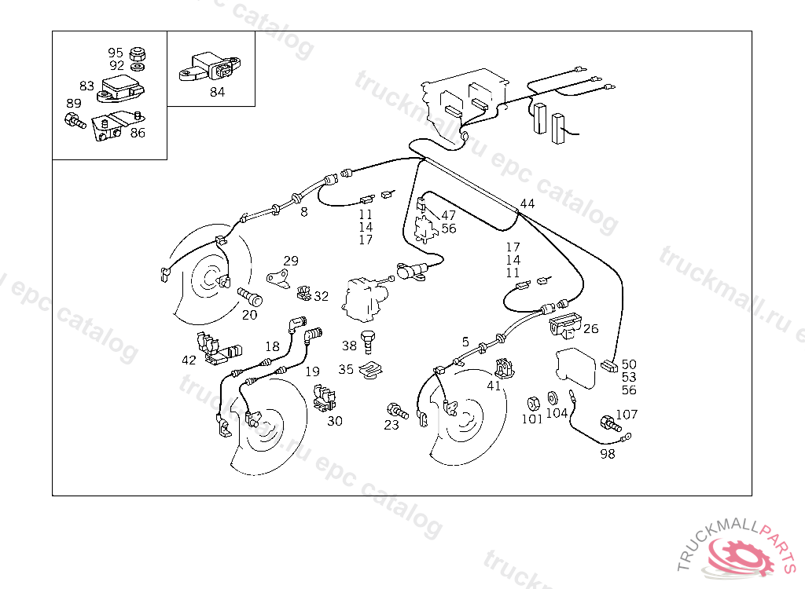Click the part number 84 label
tap(217, 92)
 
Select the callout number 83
tap(86, 86)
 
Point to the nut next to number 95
tap(139, 53)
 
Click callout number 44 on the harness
tap(527, 203)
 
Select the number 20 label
tap(249, 315)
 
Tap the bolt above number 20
tap(250, 298)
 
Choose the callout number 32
tap(322, 296)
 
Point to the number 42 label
tap(189, 360)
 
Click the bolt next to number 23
tap(395, 410)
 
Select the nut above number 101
tap(532, 402)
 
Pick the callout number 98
tap(608, 454)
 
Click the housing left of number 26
tap(564, 323)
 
